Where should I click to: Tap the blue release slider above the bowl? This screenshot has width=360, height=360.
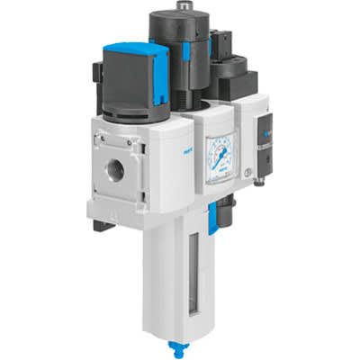pos(212,216)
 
